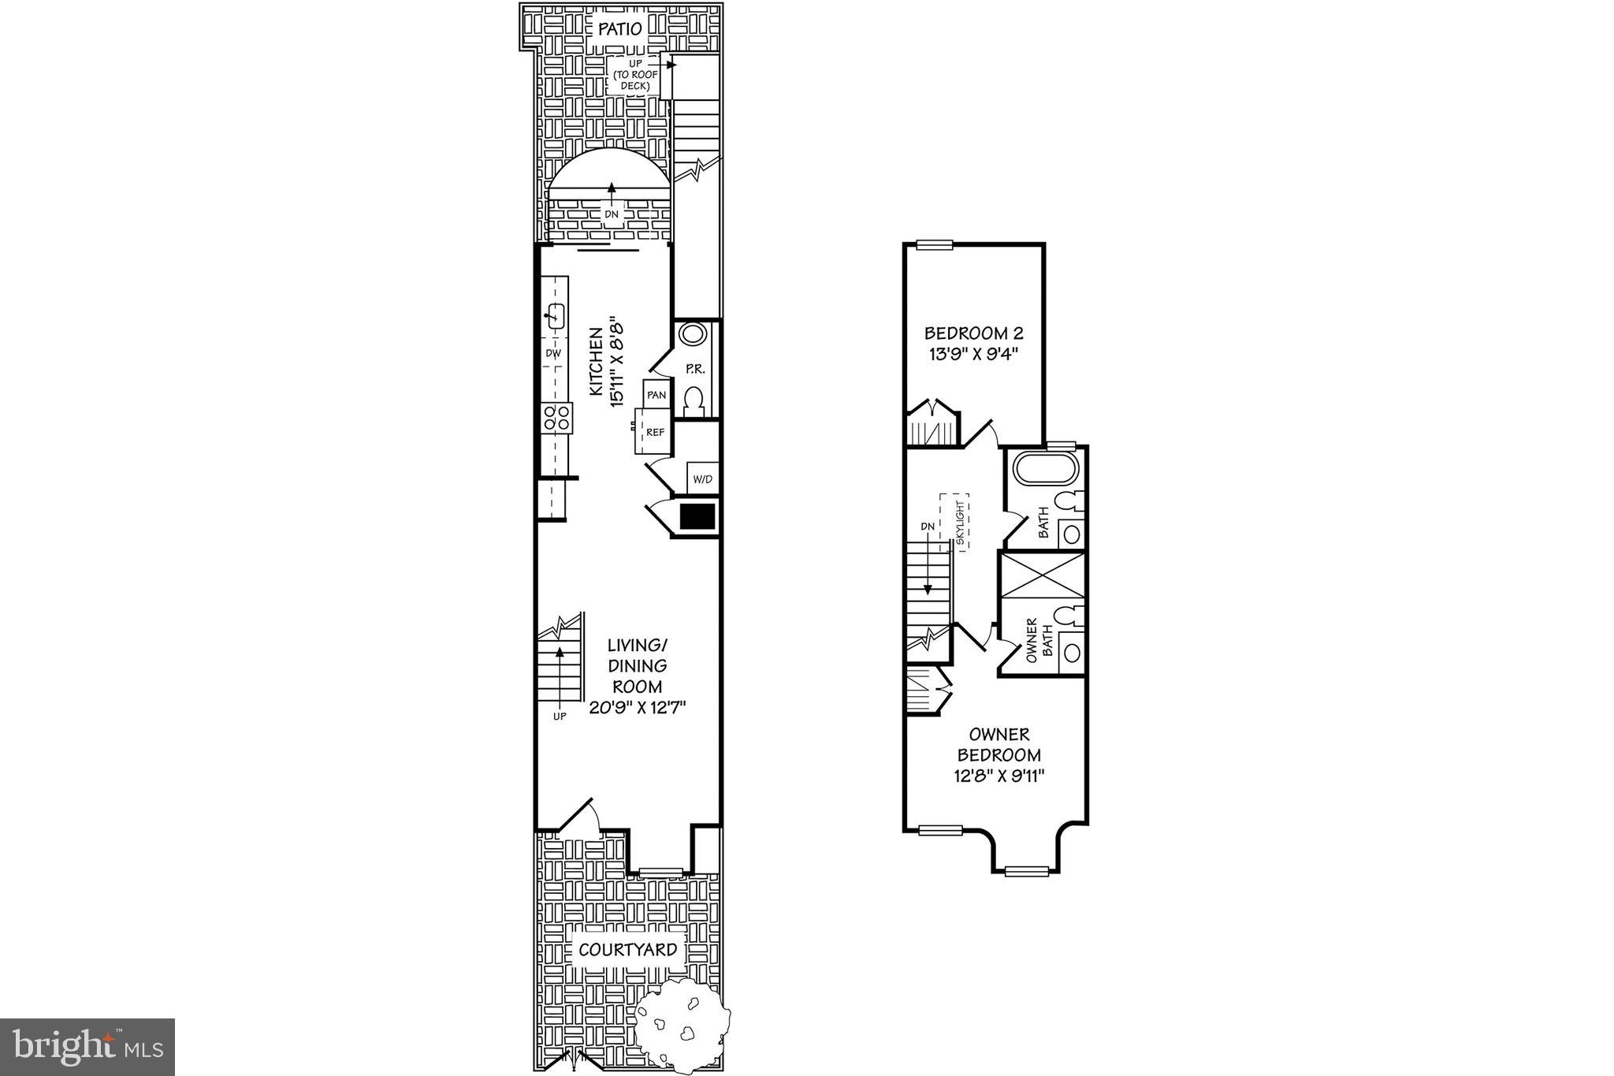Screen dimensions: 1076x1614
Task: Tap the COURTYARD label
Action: [x=627, y=950]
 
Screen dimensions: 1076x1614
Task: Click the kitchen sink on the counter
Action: [x=555, y=316]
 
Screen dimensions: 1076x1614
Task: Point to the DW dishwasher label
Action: [x=553, y=354]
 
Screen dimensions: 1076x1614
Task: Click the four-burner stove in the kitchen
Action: [x=556, y=417]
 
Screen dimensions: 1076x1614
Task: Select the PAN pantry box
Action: [x=656, y=394]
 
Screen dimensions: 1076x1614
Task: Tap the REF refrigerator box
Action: [x=655, y=433]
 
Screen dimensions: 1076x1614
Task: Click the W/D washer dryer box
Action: [x=701, y=478]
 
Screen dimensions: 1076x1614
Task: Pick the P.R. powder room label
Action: [x=694, y=368]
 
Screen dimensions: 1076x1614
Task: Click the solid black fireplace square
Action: [x=697, y=516]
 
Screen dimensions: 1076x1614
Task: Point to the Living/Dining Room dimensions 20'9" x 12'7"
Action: [x=638, y=708]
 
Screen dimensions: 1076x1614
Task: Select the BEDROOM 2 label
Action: [x=973, y=333]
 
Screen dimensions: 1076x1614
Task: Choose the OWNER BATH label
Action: [x=1039, y=639]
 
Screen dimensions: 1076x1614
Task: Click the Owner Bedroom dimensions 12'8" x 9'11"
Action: [x=999, y=776]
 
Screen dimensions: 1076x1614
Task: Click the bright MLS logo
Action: [x=87, y=1047]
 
